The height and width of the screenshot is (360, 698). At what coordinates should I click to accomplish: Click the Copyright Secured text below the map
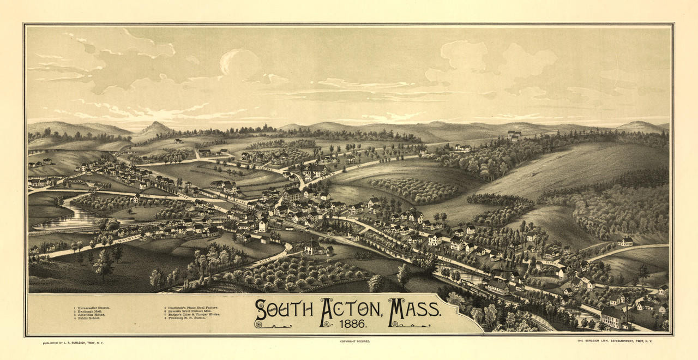[x=354, y=341]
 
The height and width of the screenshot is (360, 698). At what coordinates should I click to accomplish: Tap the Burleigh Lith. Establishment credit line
[x=615, y=341]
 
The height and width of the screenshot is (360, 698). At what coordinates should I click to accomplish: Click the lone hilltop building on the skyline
[x=514, y=134]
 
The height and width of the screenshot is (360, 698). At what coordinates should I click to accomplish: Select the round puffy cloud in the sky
[x=240, y=63]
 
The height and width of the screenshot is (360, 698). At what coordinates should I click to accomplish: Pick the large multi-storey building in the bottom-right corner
[x=613, y=316]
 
